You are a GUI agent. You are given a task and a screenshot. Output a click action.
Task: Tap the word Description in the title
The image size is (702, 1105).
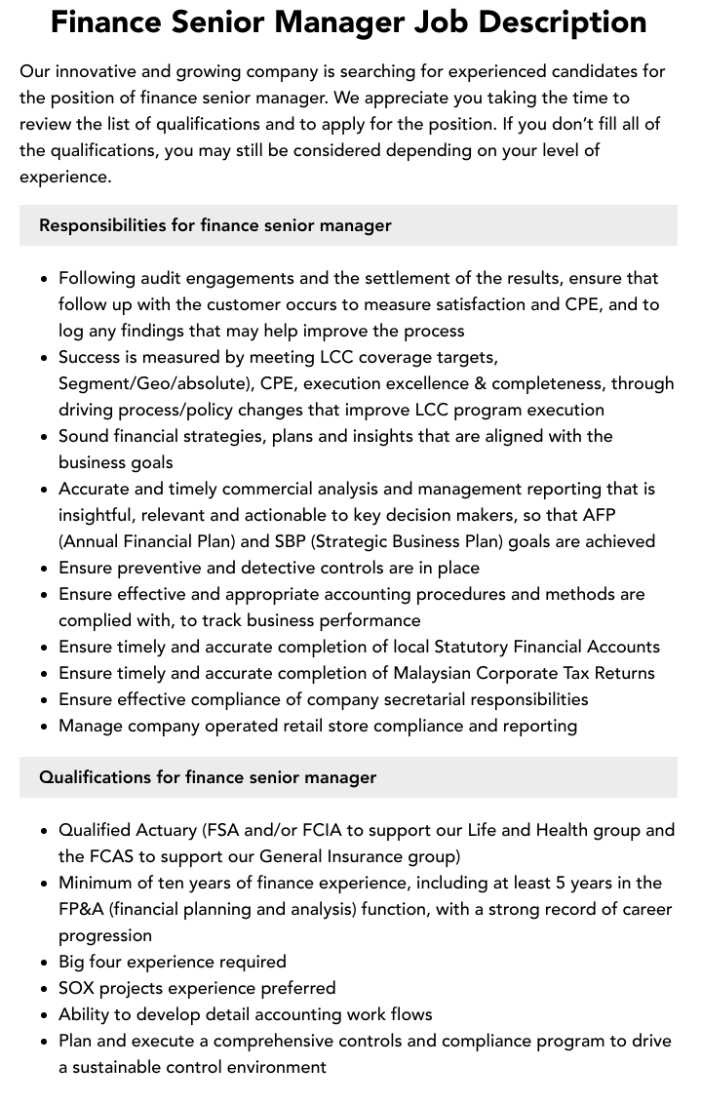tap(568, 21)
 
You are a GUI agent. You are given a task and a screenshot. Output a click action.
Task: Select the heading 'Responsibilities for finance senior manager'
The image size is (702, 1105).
tap(215, 225)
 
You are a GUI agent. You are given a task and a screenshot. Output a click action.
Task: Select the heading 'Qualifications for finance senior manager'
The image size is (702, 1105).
tap(208, 777)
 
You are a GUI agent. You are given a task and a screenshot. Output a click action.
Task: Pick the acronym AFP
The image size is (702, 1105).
tap(598, 515)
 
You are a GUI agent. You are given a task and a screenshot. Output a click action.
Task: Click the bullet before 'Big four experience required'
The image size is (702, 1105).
tap(45, 963)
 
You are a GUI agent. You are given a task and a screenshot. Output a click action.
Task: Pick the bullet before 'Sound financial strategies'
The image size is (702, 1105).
tap(45, 437)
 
